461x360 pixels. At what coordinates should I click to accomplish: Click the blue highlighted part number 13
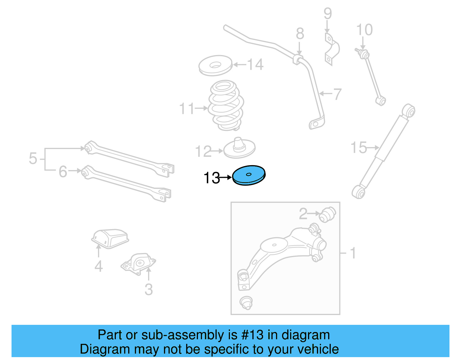tap(249, 175)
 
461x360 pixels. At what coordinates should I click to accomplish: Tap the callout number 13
tap(212, 178)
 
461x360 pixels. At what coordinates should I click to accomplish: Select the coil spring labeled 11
tap(226, 105)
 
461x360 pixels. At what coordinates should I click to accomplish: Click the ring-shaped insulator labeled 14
tap(215, 65)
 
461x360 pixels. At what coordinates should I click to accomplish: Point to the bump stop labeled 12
tap(239, 148)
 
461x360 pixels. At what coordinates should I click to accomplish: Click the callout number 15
tap(358, 148)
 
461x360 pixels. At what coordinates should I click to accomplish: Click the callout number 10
tap(364, 30)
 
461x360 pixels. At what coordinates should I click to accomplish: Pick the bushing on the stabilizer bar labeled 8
tap(298, 59)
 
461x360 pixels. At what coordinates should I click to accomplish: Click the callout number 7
tap(337, 94)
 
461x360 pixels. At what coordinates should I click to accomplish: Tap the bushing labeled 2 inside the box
tap(328, 214)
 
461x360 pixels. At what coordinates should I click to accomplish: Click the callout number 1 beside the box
tap(353, 253)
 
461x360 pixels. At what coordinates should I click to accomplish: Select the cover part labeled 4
tap(110, 238)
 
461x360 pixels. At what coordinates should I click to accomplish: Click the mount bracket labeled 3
tap(139, 263)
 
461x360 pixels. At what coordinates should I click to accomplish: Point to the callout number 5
tap(33, 159)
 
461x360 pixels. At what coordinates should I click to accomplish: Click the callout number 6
tap(63, 171)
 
